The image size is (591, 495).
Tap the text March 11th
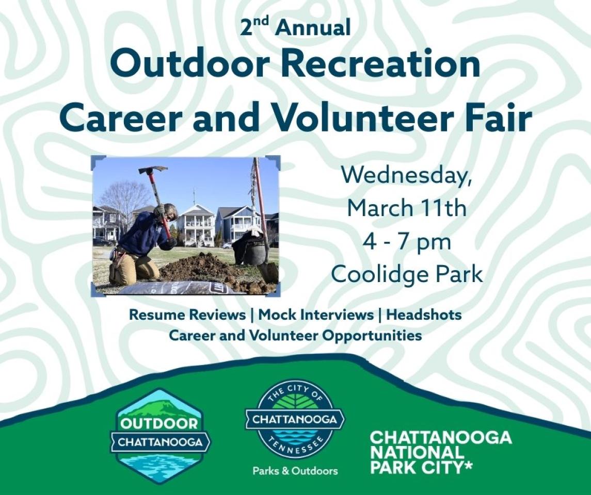tap(407, 208)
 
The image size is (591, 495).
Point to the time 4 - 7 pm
tap(407, 241)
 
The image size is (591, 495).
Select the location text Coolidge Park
tap(407, 274)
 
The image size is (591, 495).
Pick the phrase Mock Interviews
tap(316, 314)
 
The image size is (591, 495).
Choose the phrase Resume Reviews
tap(187, 314)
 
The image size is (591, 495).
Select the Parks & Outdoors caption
tap(295, 471)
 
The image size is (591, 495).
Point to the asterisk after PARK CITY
tap(470, 466)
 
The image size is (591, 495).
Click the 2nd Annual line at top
tap(295, 27)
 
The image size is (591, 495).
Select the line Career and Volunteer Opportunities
tap(295, 336)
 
